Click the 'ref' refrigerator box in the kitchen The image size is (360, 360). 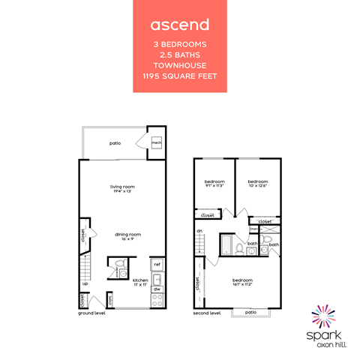tap(157, 264)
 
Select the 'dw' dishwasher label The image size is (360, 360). tap(157, 288)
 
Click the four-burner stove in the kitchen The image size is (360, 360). tap(157, 300)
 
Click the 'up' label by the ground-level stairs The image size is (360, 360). tap(85, 283)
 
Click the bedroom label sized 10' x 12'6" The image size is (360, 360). tap(258, 184)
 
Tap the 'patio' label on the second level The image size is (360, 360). tap(250, 312)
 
